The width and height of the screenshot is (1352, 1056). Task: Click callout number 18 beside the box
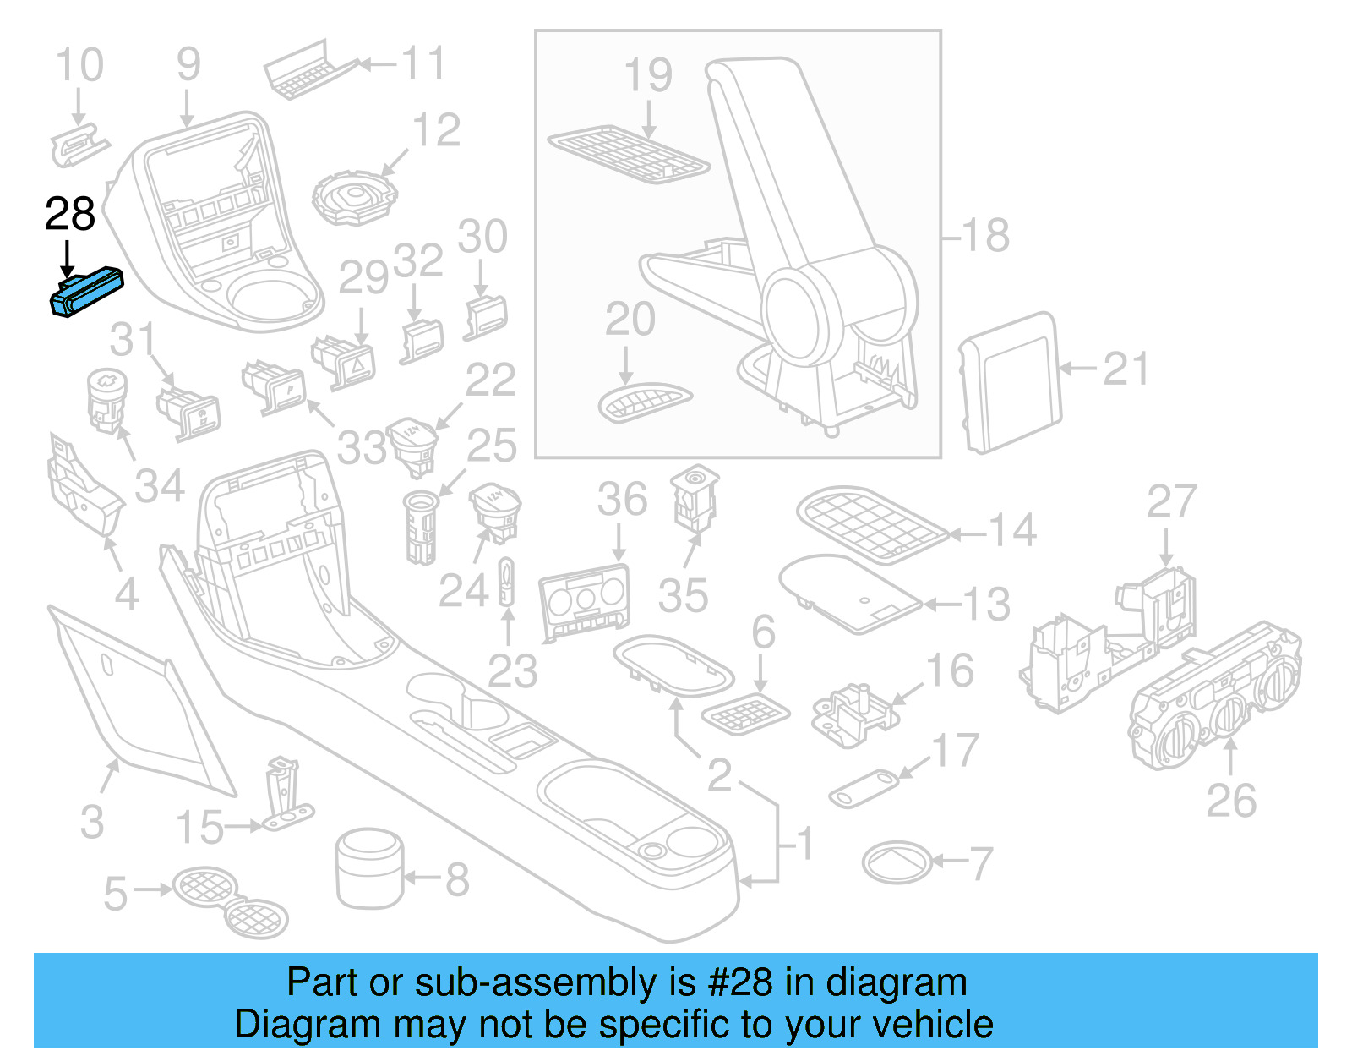point(985,235)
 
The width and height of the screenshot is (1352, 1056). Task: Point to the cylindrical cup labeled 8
point(369,867)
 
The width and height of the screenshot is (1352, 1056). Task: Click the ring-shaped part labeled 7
point(897,862)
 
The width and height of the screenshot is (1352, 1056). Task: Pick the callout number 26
point(1230,800)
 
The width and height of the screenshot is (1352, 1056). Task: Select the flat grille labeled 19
point(629,155)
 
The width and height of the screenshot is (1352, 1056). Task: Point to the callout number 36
point(622,499)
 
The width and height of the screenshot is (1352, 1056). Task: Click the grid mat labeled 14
point(871,523)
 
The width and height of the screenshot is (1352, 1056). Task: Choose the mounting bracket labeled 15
point(284,795)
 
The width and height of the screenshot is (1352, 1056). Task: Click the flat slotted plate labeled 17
point(864,788)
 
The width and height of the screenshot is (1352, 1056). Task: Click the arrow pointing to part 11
point(376,63)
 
